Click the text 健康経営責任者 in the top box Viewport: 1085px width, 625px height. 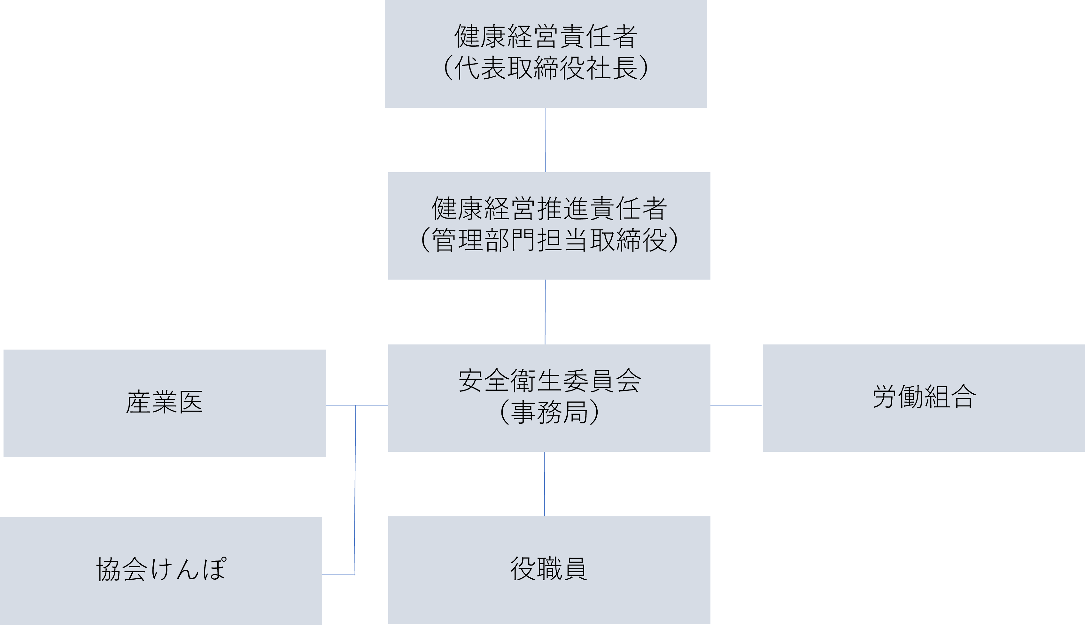click(x=546, y=36)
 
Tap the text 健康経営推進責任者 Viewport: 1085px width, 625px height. click(x=549, y=209)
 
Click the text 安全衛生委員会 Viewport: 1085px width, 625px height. click(x=549, y=381)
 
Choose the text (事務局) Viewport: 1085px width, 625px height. click(x=549, y=412)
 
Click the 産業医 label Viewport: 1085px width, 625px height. click(x=164, y=402)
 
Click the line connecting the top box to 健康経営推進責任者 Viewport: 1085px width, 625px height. click(x=546, y=140)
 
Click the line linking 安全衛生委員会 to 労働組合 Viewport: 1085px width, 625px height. click(x=736, y=405)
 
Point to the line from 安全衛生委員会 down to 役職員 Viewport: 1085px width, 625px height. click(x=545, y=484)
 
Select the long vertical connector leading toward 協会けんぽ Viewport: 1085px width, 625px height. click(x=355, y=489)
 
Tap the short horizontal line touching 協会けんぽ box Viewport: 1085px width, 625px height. click(x=338, y=574)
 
